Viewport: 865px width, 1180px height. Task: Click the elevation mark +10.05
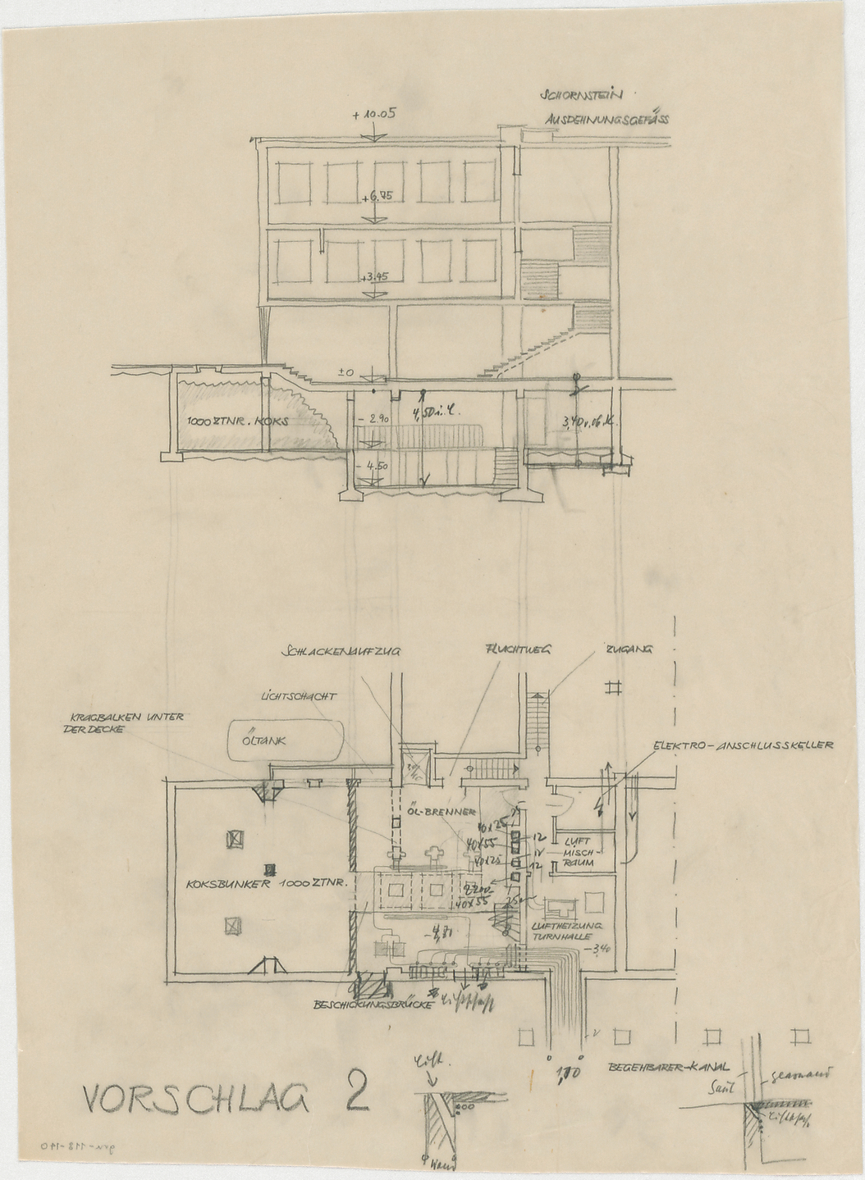pos(374,116)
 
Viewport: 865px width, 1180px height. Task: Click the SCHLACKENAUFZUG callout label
pos(341,651)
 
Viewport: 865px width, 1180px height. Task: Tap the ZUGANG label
pos(629,649)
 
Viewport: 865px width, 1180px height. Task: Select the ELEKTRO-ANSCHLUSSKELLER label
pos(743,746)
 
